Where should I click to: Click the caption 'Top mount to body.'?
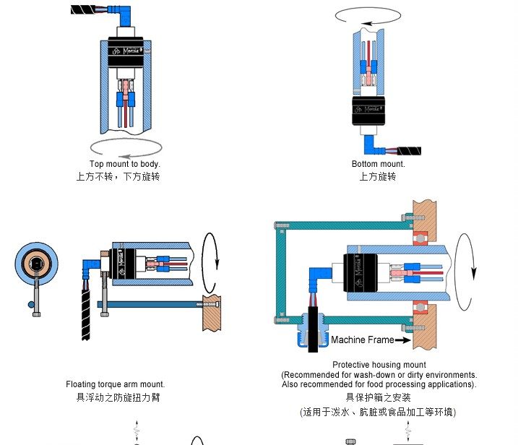[x=124, y=164]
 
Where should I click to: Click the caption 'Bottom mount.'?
[x=378, y=164]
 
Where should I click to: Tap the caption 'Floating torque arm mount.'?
[x=115, y=384]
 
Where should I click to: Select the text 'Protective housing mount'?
[x=379, y=365]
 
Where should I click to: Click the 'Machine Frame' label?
[x=363, y=340]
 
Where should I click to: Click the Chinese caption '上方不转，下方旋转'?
[x=118, y=176]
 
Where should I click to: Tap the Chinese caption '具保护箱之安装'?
[x=378, y=397]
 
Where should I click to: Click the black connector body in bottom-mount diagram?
[x=368, y=110]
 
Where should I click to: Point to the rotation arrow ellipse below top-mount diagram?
[x=126, y=147]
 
